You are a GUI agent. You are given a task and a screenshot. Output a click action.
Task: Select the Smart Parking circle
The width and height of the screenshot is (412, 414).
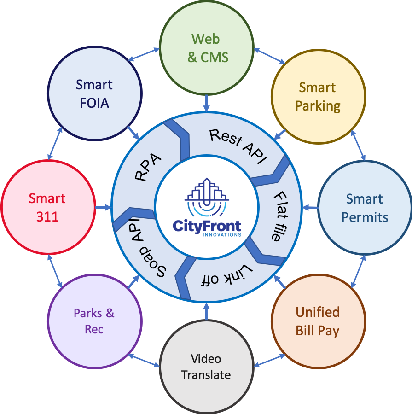pos(318,96)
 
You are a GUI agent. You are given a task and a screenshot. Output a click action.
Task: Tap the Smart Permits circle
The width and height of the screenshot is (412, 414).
pos(365,208)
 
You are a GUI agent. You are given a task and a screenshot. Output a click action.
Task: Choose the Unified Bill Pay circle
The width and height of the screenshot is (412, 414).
pos(318,321)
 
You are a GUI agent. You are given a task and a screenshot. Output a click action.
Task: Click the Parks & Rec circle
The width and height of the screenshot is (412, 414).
pos(94,321)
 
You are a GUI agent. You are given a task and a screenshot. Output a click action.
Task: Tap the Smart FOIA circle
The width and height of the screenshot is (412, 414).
pos(94,94)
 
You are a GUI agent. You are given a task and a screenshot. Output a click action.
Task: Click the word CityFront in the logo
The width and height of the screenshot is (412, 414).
pos(207,225)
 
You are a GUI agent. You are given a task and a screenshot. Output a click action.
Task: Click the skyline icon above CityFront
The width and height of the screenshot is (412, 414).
pos(207,196)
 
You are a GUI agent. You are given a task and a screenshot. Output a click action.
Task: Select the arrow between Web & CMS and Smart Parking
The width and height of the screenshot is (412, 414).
pos(270,55)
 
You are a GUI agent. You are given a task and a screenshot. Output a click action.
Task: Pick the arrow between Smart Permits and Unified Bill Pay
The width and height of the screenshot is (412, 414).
pos(358,271)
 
